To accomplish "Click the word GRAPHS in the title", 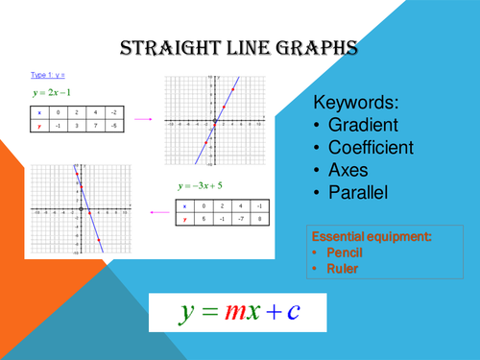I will click(323, 47).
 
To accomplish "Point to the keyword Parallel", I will click(365, 193).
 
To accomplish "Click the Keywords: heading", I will click(361, 103).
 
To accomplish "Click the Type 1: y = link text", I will click(46, 74).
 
